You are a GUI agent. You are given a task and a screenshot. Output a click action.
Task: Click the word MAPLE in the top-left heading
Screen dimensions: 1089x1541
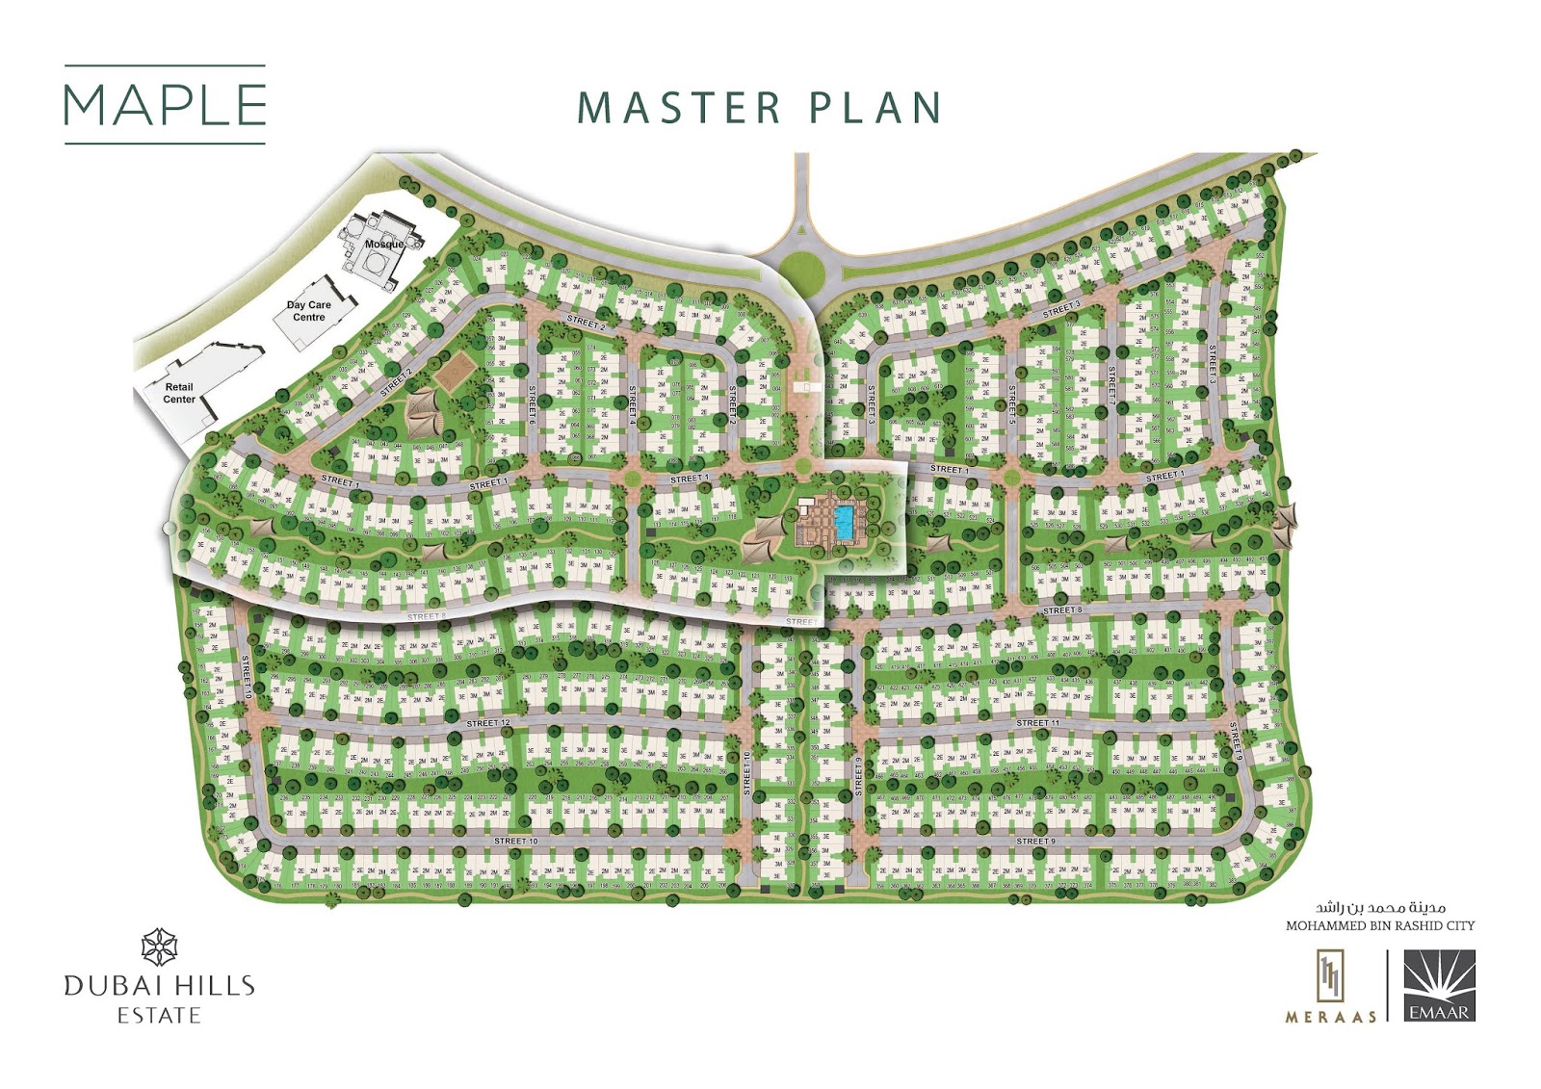tap(165, 105)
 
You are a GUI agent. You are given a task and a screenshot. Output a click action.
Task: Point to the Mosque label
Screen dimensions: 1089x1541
tap(384, 245)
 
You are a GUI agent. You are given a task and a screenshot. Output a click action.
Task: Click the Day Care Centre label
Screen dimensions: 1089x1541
tap(309, 311)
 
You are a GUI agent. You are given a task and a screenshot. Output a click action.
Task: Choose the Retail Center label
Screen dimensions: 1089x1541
tap(179, 393)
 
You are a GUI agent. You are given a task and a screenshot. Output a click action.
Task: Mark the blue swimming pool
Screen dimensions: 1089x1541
tap(844, 522)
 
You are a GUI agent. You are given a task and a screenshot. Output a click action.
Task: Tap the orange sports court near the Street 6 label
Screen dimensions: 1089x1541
tap(457, 371)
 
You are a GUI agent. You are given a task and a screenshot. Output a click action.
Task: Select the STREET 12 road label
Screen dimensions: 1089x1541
tap(488, 723)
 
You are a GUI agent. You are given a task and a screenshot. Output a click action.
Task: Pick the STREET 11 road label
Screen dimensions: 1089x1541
tap(1037, 723)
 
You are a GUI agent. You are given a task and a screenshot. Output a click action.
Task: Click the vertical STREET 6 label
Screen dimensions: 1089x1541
tap(532, 404)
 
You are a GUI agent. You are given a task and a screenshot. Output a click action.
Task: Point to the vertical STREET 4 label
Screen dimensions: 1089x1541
tap(633, 404)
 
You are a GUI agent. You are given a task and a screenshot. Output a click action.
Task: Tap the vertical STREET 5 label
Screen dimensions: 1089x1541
tap(1012, 403)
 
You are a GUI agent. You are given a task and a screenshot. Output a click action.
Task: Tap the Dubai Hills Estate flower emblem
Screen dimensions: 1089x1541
tap(159, 947)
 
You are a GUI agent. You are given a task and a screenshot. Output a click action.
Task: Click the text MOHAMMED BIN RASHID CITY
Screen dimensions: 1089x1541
tap(1380, 926)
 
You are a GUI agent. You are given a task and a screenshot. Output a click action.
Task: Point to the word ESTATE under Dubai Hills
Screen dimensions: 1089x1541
tap(159, 1016)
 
